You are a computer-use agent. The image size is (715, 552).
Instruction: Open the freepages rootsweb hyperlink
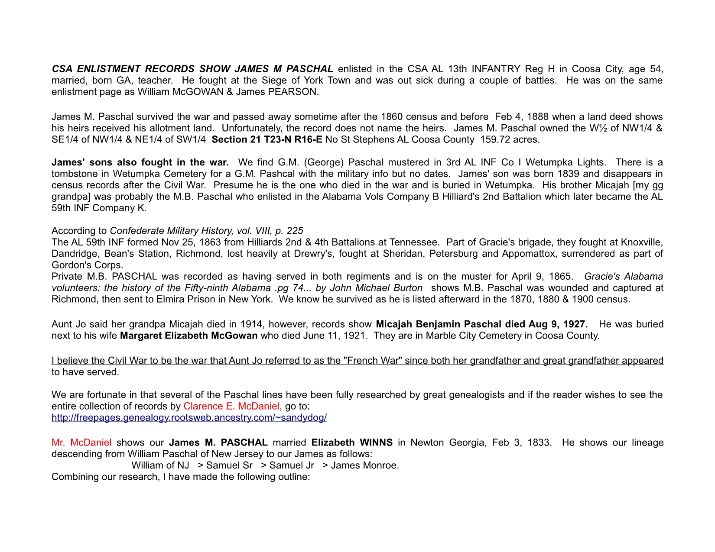tap(189, 418)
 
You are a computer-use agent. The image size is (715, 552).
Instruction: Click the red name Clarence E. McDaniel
tap(232, 406)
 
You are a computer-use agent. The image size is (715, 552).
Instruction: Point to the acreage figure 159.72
tap(495, 139)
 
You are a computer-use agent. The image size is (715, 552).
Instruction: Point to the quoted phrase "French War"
tap(371, 361)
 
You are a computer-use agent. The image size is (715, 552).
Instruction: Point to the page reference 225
tap(295, 231)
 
